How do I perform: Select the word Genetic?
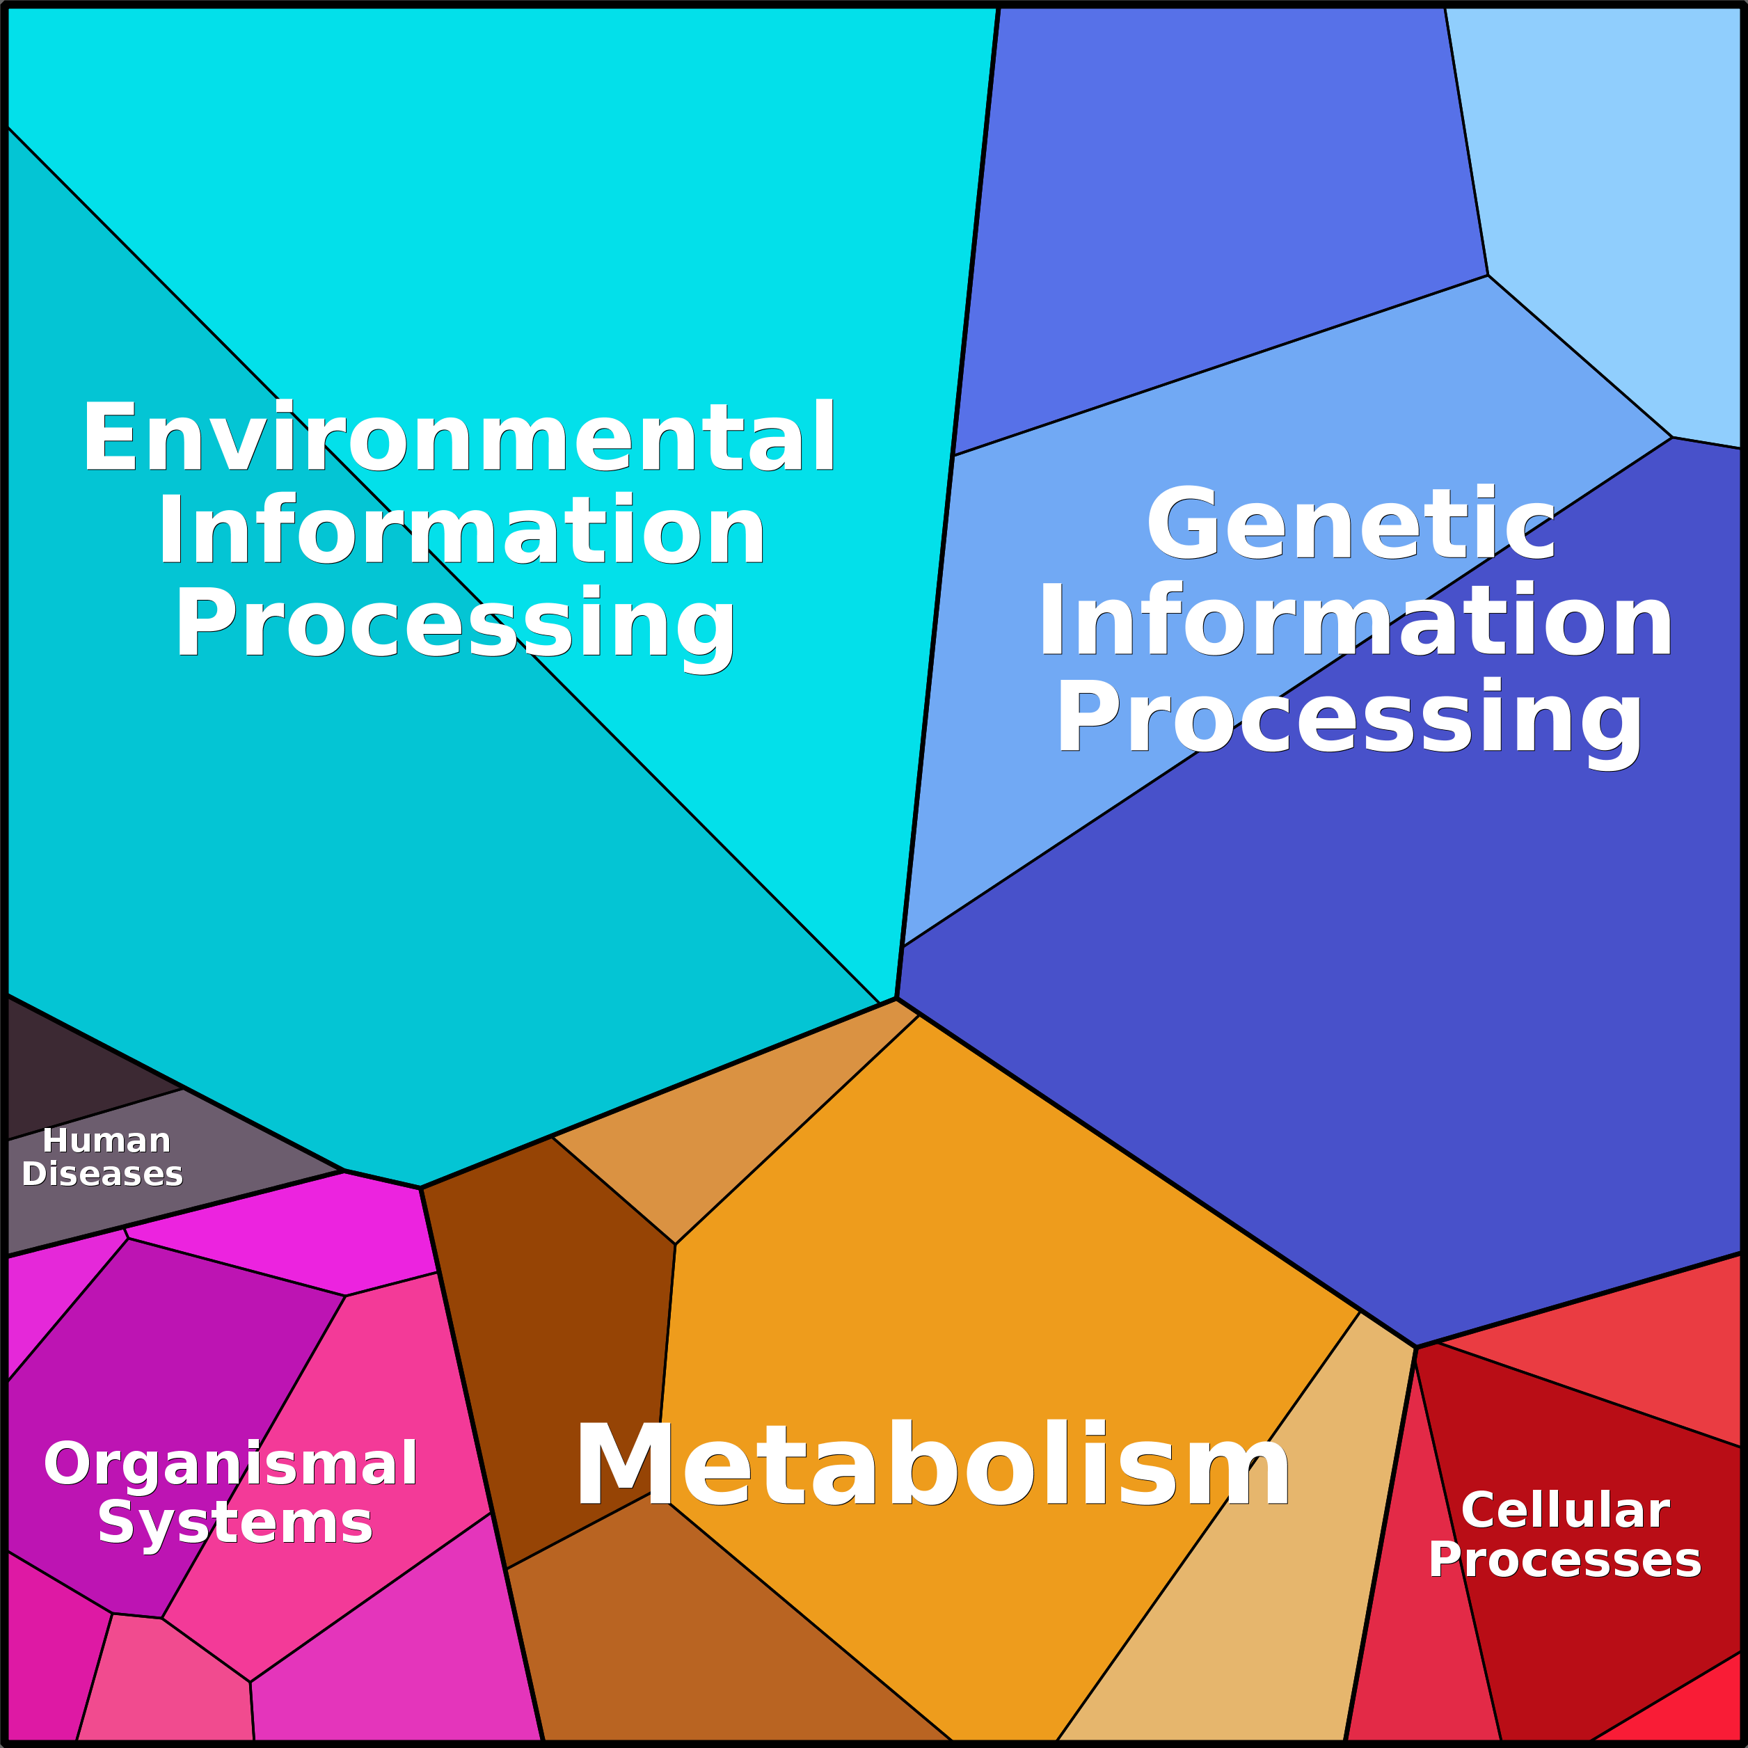pyautogui.click(x=1350, y=525)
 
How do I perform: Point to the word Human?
pyautogui.click(x=106, y=1141)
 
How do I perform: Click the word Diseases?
pyautogui.click(x=102, y=1175)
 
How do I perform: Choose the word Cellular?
pyautogui.click(x=1564, y=1510)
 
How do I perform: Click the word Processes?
pyautogui.click(x=1564, y=1560)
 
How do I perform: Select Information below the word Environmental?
pyautogui.click(x=461, y=531)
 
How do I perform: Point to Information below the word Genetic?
pyautogui.click(x=1354, y=621)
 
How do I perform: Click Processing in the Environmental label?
pyautogui.click(x=455, y=624)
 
